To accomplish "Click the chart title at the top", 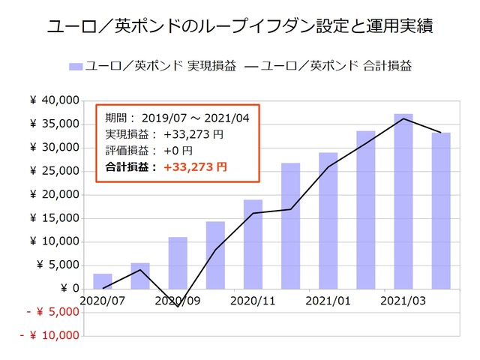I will [239, 28].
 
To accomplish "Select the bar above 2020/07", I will [103, 281].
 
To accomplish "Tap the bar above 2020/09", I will [178, 263].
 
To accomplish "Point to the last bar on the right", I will [441, 211].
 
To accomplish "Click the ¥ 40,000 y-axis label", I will [55, 100].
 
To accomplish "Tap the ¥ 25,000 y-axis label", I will [55, 171].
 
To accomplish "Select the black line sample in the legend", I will [253, 66].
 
